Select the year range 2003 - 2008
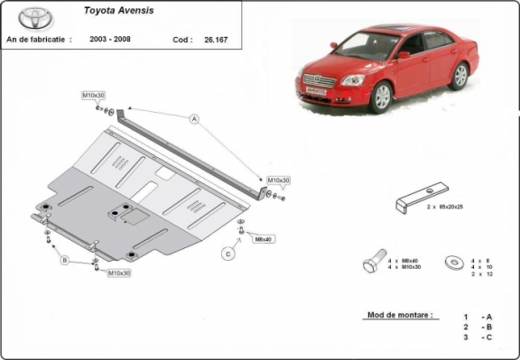pos(108,42)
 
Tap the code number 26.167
pos(218,42)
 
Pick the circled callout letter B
pos(65,260)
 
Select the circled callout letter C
pos(228,254)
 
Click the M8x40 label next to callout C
pos(263,238)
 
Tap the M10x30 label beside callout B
pos(119,272)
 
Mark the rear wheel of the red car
pos(460,75)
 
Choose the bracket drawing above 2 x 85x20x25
pos(421,197)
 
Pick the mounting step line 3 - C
pos(478,337)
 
